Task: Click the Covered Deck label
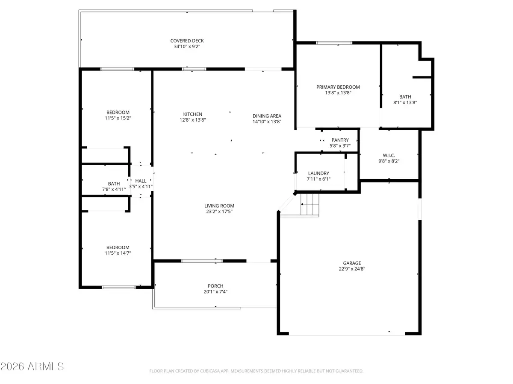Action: tap(187, 41)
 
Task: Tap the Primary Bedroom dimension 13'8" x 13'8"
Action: tap(338, 93)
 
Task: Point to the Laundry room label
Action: tap(319, 173)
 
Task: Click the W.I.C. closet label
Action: tap(388, 155)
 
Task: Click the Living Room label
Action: tap(219, 206)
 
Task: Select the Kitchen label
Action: tap(192, 114)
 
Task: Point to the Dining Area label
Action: tap(267, 116)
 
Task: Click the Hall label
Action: tap(141, 181)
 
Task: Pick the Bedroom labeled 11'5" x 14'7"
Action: tap(118, 247)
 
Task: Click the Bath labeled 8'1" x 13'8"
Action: tap(405, 97)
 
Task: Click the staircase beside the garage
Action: tap(310, 204)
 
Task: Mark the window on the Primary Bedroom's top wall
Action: tap(334, 43)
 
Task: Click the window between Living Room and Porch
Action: tap(202, 260)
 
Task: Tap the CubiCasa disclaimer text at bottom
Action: tap(256, 371)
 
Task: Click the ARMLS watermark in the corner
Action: tap(32, 367)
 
